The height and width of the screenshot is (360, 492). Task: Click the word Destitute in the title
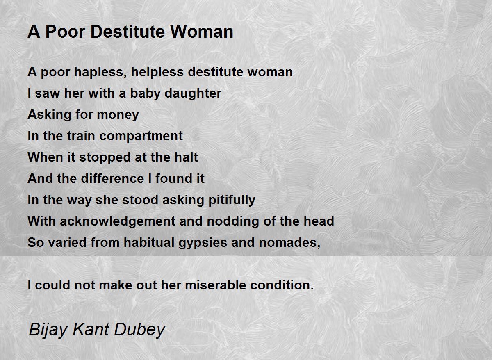128,32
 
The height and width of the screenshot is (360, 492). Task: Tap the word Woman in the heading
202,32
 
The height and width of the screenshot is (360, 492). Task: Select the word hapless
100,73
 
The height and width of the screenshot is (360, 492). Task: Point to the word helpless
157,73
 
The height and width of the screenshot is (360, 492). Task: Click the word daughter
193,94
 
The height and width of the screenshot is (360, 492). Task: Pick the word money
118,115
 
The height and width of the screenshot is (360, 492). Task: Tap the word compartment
141,137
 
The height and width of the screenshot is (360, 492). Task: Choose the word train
81,136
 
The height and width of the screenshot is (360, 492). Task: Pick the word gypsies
203,243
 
